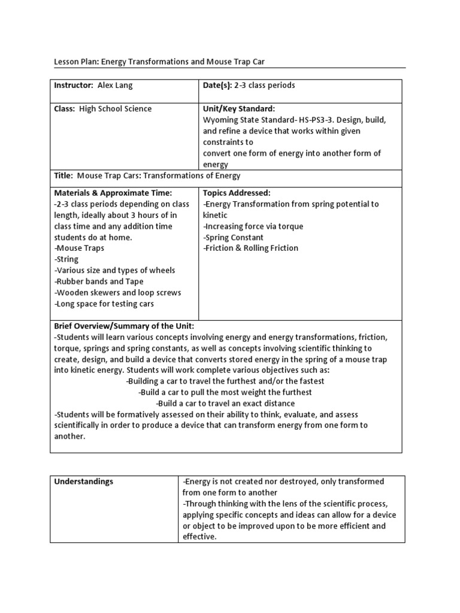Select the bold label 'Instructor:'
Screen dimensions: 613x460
[x=74, y=86]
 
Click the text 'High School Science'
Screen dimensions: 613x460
[x=116, y=109]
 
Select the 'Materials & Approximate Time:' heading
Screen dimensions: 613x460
[x=113, y=193]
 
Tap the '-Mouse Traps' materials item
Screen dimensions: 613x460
[x=79, y=248]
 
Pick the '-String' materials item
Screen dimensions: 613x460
[x=66, y=259]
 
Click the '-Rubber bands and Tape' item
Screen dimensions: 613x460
[x=99, y=281]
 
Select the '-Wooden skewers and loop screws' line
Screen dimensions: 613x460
[x=117, y=293]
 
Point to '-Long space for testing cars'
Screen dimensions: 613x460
[x=104, y=304]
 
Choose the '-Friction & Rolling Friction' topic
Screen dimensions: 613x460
[x=250, y=248]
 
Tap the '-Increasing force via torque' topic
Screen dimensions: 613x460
[x=253, y=226]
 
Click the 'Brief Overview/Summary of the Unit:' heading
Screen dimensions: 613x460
[x=124, y=326]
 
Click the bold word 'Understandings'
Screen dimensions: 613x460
[x=84, y=481]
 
